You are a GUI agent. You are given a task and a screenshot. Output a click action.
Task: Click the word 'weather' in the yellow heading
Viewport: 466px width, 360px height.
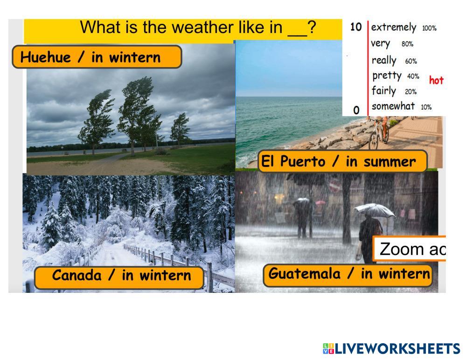pyautogui.click(x=203, y=28)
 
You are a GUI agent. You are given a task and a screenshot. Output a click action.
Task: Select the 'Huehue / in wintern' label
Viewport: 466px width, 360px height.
pyautogui.click(x=97, y=57)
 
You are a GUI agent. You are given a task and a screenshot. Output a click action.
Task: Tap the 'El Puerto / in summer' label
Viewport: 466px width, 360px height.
pyautogui.click(x=342, y=161)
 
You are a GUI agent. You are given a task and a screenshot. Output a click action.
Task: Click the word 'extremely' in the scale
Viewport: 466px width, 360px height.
pyautogui.click(x=394, y=28)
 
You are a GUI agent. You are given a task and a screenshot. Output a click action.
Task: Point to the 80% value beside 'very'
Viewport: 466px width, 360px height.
pyautogui.click(x=407, y=44)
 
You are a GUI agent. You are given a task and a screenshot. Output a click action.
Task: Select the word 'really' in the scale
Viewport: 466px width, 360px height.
pyautogui.click(x=384, y=60)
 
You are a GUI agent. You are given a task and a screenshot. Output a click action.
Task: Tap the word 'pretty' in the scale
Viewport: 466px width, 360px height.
pyautogui.click(x=387, y=76)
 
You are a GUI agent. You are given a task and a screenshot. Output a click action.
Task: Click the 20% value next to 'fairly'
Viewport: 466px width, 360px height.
pyautogui.click(x=410, y=91)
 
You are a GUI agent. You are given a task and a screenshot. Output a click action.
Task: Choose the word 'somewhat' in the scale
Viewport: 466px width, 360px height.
pyautogui.click(x=393, y=106)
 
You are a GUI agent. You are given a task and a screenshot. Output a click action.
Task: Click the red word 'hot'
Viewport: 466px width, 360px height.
pyautogui.click(x=436, y=80)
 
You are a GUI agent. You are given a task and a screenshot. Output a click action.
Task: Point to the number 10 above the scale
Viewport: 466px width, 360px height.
pyautogui.click(x=356, y=27)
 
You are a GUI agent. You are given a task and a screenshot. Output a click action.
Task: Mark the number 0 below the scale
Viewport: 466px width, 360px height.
pyautogui.click(x=356, y=110)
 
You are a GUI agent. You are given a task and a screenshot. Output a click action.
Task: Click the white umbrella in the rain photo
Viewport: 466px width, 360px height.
pyautogui.click(x=375, y=210)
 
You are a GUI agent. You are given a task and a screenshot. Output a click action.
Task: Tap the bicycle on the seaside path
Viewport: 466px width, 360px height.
pyautogui.click(x=378, y=134)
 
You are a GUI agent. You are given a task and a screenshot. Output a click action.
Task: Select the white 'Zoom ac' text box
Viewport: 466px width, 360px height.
pyautogui.click(x=409, y=249)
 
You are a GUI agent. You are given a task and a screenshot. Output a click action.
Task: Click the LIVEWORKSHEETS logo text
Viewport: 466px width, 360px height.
pyautogui.click(x=397, y=348)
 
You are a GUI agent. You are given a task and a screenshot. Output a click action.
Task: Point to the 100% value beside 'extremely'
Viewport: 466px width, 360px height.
pyautogui.click(x=430, y=28)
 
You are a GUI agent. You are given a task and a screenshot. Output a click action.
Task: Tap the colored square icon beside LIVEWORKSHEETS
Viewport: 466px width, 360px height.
pyautogui.click(x=328, y=348)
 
